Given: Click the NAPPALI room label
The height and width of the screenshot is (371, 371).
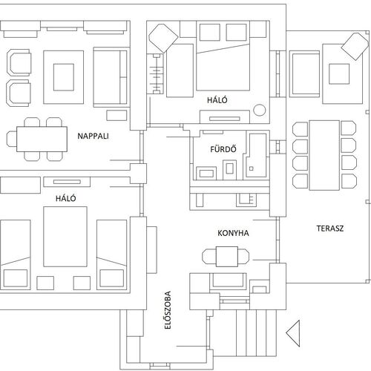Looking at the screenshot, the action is [93, 136].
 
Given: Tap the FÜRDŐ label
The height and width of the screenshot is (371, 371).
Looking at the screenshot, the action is [223, 149].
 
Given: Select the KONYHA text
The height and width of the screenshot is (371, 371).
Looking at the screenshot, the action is [233, 233].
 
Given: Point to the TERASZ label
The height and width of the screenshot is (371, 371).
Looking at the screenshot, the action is [330, 229].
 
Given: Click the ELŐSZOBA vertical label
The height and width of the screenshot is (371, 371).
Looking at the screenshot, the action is [168, 310].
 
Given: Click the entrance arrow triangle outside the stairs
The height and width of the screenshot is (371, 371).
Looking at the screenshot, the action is [293, 333].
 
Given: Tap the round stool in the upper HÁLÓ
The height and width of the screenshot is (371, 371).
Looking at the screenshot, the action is [260, 110].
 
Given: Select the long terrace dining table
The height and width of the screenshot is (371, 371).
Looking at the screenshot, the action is [324, 155].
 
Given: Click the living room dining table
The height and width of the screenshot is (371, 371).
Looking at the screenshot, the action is [42, 139].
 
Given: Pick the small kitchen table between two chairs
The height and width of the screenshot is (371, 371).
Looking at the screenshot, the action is [227, 257].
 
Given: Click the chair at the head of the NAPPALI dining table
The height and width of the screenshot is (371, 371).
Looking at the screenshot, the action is [11, 139].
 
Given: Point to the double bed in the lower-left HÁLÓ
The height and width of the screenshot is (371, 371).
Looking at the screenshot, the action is [65, 237].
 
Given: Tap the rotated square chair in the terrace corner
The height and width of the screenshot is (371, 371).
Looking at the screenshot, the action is [355, 47].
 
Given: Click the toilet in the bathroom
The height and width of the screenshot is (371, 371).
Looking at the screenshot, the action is [230, 169].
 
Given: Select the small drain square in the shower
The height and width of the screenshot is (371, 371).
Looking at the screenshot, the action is [252, 168].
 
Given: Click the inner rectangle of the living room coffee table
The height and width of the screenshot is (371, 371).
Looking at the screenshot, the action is [64, 77].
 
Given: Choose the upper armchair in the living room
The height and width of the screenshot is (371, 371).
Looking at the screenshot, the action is [19, 62].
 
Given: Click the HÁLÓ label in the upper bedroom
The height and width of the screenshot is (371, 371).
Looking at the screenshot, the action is [217, 100].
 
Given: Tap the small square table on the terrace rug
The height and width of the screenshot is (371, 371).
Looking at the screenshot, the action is [339, 74].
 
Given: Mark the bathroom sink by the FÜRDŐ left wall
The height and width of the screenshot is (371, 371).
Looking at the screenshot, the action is [206, 173].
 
